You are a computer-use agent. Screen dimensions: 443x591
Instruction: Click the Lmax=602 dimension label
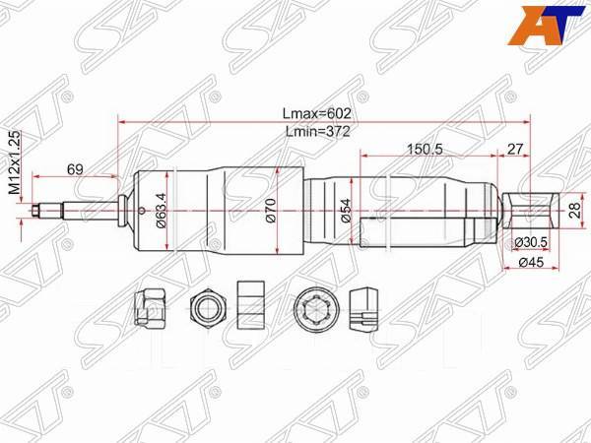pyautogui.click(x=315, y=112)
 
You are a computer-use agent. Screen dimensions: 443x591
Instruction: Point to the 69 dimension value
pyautogui.click(x=75, y=168)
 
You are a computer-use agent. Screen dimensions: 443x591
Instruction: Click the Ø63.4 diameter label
pyautogui.click(x=160, y=210)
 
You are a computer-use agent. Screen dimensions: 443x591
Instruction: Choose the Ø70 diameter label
pyautogui.click(x=270, y=210)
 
